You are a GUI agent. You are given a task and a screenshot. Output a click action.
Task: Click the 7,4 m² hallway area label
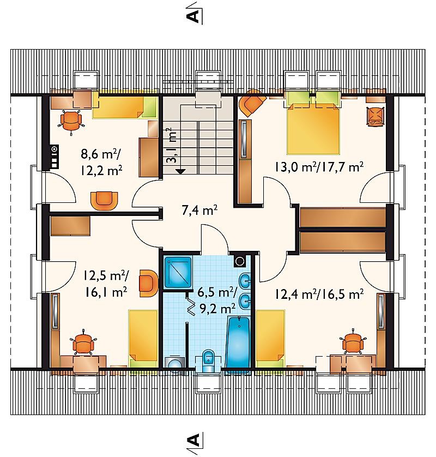click(200, 210)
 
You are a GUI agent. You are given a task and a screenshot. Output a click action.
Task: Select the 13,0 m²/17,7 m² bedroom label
click(319, 167)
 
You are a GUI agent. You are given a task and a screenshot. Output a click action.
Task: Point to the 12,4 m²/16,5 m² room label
click(319, 294)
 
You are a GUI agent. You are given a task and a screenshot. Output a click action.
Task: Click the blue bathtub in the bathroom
click(238, 343)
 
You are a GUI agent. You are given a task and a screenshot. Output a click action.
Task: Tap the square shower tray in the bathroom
click(178, 272)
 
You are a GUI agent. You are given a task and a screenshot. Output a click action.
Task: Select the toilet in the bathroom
click(208, 361)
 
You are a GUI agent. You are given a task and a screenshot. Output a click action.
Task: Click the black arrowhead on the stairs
click(181, 171)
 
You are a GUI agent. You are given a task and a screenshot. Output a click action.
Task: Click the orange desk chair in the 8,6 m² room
click(71, 121)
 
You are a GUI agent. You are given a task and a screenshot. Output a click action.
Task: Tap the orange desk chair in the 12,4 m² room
click(353, 343)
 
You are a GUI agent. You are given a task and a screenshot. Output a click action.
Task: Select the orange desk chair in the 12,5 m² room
click(83, 344)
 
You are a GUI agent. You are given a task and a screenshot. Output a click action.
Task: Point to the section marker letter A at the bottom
click(193, 440)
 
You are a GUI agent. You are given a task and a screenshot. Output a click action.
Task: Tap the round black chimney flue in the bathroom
click(240, 261)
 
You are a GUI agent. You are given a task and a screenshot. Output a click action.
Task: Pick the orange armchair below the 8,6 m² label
click(104, 200)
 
